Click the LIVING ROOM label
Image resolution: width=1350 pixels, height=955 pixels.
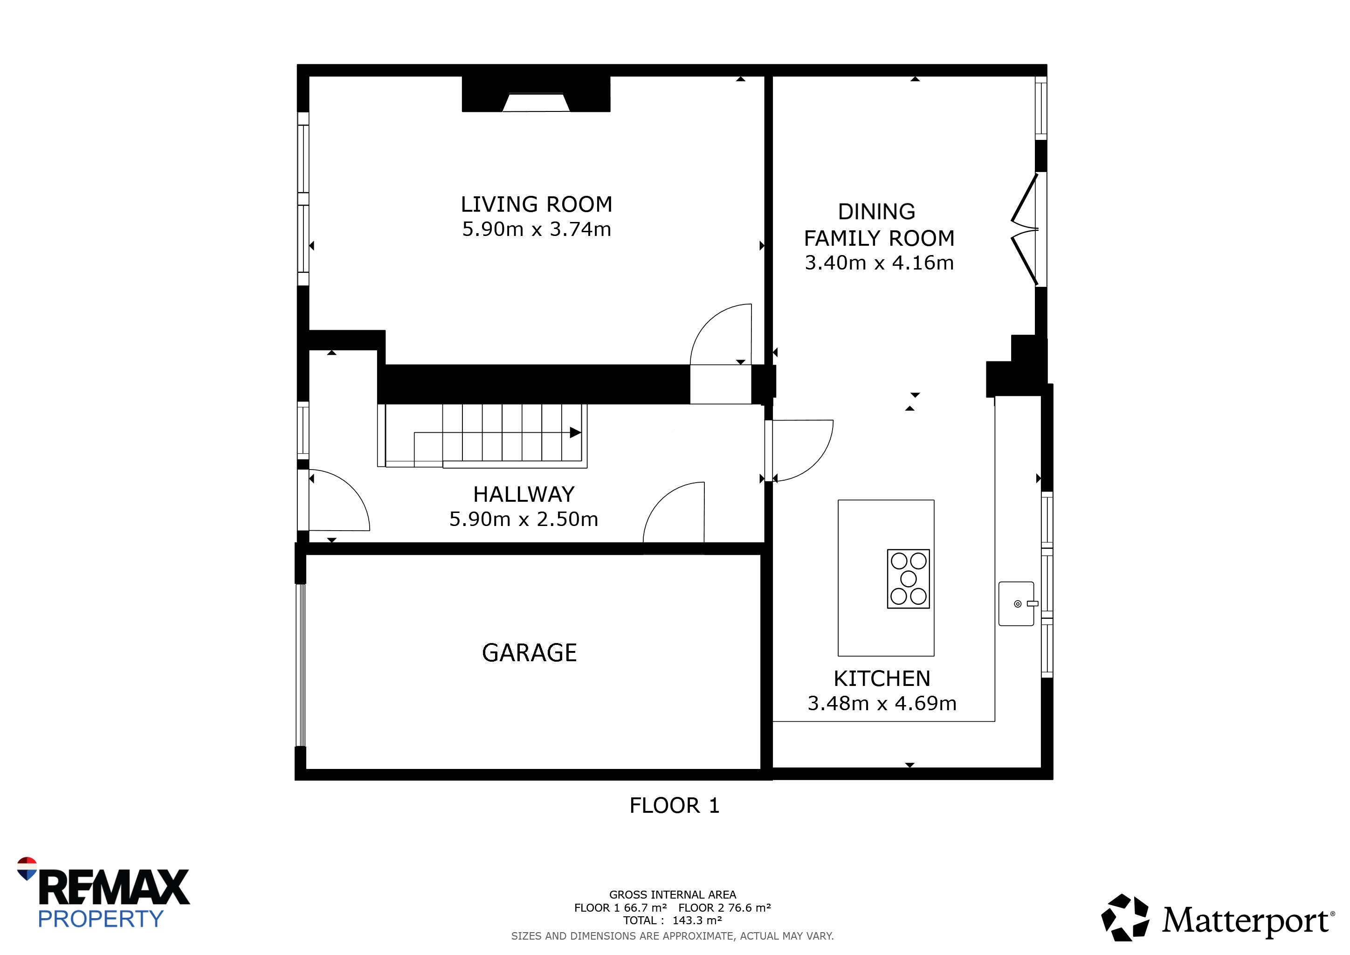click(x=536, y=205)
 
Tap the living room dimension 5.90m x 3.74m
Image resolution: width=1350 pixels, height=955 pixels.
click(x=536, y=229)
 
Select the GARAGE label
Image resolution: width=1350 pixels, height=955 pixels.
click(x=529, y=653)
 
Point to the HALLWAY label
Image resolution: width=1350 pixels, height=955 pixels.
click(x=523, y=495)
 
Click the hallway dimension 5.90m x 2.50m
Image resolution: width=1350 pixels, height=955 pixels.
click(x=523, y=519)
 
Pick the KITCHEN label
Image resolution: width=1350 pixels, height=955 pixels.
click(x=882, y=678)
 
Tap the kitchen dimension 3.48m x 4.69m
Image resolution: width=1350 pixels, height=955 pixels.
click(x=882, y=703)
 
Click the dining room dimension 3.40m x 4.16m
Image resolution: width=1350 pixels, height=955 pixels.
click(x=879, y=263)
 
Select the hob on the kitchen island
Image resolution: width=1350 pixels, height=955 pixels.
click(x=909, y=579)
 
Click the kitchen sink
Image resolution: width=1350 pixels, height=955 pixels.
click(x=1017, y=603)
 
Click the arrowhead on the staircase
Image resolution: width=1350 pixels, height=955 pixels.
click(x=576, y=433)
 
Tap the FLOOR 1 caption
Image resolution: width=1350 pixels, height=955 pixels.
click(x=675, y=806)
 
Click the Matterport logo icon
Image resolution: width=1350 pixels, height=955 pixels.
click(x=1125, y=918)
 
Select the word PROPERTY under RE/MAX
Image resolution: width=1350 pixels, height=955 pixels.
click(x=101, y=919)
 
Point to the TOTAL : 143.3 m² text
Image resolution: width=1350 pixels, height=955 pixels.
click(x=673, y=920)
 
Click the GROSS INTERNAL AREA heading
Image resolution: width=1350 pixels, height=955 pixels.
click(x=673, y=895)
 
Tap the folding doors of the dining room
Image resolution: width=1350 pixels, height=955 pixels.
click(x=1025, y=229)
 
